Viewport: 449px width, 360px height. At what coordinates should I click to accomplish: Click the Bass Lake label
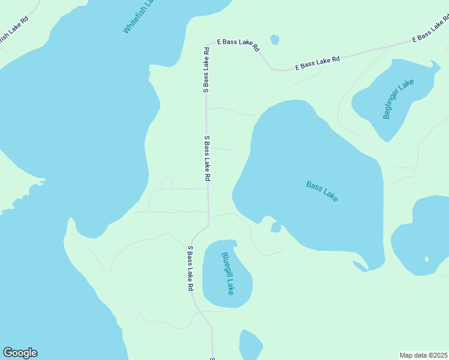(322, 191)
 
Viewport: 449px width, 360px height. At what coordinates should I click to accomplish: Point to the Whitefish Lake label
(139, 16)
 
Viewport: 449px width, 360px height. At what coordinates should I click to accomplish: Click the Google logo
(20, 353)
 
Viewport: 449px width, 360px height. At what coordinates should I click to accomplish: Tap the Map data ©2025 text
(424, 355)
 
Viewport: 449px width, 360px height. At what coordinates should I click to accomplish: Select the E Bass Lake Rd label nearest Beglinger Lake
(318, 63)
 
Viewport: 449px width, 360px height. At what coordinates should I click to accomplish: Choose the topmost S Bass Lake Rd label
(206, 70)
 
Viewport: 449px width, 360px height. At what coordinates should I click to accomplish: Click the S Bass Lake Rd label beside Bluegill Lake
(190, 269)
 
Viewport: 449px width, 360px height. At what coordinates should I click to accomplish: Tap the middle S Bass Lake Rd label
(207, 158)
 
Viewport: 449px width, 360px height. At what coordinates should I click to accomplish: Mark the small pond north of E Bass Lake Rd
(274, 40)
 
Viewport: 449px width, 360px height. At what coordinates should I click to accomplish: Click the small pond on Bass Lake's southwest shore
(276, 227)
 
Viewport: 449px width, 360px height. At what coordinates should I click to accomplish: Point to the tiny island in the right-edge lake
(427, 260)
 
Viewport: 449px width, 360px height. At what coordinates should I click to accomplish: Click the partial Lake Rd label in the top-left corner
(12, 31)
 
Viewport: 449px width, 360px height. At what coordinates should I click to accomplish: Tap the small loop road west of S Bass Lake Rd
(166, 183)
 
